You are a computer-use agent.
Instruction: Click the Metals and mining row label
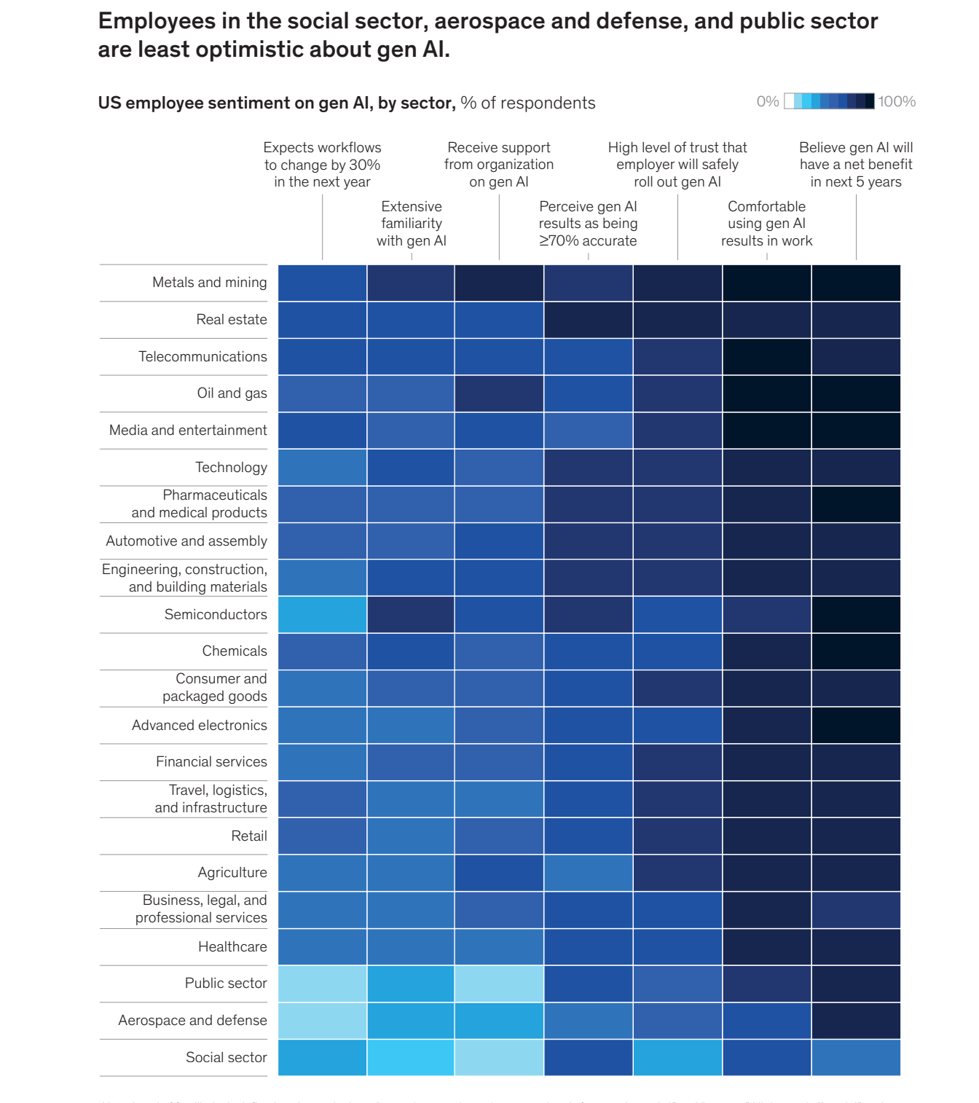[x=209, y=283]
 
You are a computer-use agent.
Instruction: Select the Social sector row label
[x=226, y=1058]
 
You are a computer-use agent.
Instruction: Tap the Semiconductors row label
[x=216, y=615]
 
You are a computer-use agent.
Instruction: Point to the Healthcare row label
[x=232, y=947]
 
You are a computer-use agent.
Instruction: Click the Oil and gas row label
[x=232, y=393]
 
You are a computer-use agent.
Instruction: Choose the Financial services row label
[x=211, y=762]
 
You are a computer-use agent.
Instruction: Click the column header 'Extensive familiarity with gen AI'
[x=412, y=224]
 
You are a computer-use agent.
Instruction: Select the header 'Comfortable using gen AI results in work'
[x=766, y=224]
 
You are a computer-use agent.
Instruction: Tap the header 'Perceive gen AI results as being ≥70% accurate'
[x=588, y=224]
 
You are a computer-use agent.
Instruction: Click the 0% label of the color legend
[x=768, y=102]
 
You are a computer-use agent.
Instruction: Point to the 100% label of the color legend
[x=897, y=102]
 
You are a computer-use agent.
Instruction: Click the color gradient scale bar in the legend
[x=829, y=101]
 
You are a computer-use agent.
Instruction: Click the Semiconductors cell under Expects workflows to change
[x=322, y=615]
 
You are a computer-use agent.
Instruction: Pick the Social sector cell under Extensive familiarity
[x=411, y=1058]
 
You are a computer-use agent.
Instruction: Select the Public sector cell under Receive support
[x=499, y=984]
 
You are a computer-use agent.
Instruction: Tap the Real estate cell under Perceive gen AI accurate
[x=588, y=320]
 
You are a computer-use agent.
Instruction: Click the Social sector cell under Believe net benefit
[x=856, y=1058]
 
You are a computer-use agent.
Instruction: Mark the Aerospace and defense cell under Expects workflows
[x=322, y=1021]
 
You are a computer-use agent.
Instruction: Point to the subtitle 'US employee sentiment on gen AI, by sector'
[x=277, y=103]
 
